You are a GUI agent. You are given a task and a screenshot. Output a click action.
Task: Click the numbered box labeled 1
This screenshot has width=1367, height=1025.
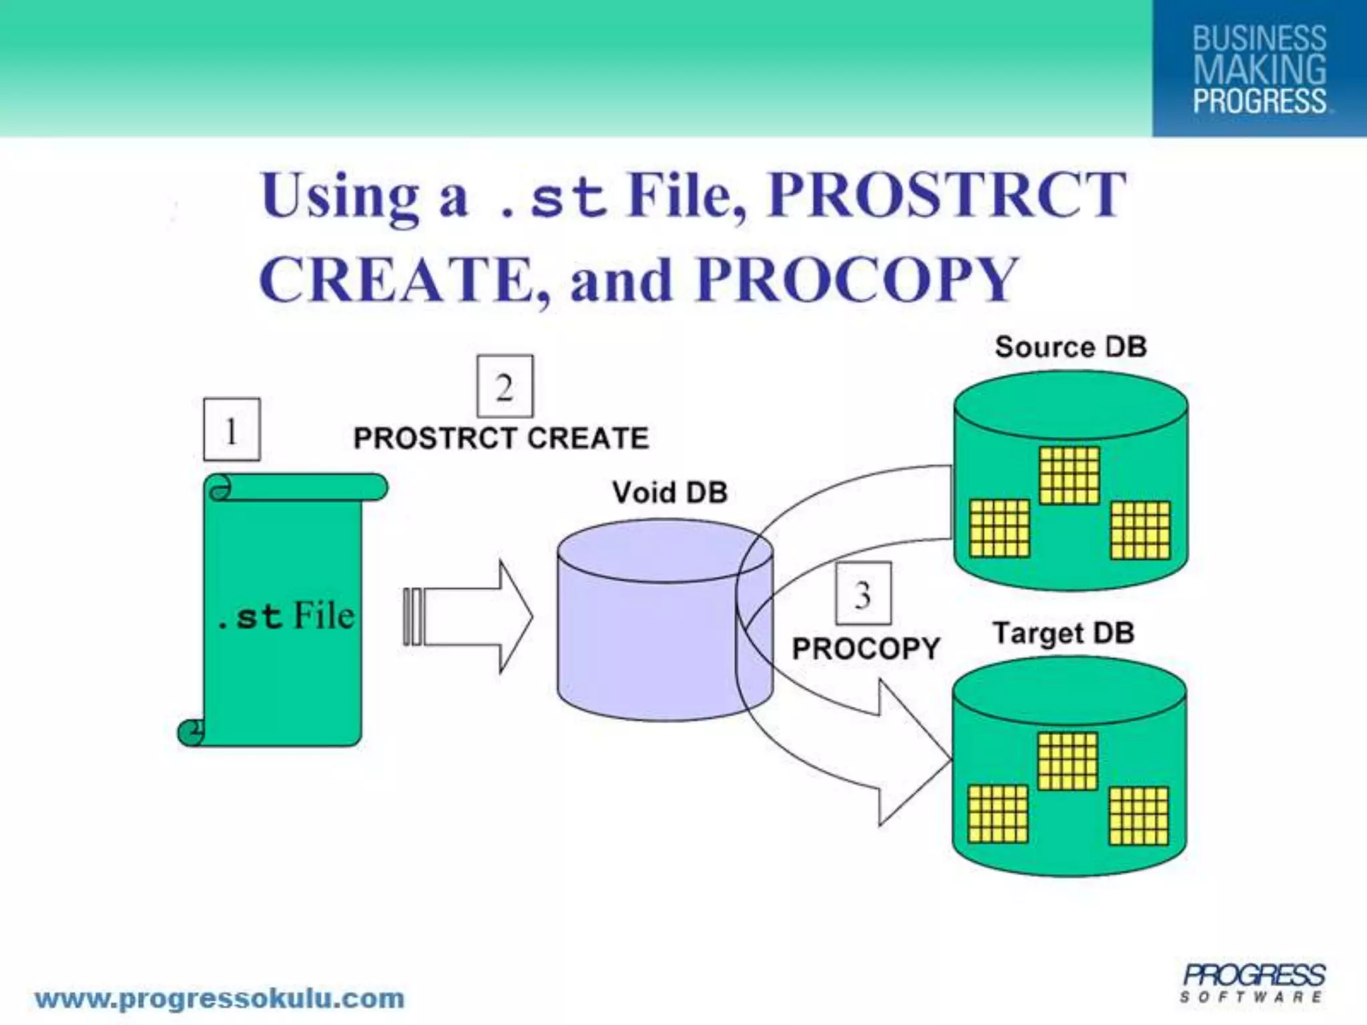[232, 430]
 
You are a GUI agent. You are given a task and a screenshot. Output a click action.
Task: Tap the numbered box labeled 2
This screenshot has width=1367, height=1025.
[505, 386]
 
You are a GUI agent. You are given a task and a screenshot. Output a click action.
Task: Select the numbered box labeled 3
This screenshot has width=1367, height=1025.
[863, 593]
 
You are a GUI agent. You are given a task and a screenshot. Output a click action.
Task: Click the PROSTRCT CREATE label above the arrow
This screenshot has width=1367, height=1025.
[501, 438]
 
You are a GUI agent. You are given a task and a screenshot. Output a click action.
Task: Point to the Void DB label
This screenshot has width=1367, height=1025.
[669, 492]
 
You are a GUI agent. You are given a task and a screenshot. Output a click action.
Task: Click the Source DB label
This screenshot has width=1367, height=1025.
[1071, 347]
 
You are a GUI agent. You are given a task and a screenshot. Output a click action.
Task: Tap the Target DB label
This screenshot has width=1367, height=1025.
[1064, 633]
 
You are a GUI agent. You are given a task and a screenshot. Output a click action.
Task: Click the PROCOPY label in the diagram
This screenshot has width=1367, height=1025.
[866, 649]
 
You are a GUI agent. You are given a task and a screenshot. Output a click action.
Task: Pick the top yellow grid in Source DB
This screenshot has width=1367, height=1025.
[1069, 475]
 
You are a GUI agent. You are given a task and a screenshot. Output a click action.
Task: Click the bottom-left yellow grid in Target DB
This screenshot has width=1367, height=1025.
[998, 814]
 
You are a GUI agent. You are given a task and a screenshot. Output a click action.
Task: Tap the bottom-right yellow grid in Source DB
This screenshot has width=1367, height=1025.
[1140, 530]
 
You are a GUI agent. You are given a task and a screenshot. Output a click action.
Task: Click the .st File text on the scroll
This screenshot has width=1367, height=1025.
[286, 615]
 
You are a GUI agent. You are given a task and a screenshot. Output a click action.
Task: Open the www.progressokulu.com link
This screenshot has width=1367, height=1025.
[220, 999]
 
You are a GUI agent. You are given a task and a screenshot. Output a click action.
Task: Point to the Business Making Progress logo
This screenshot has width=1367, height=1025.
[1259, 69]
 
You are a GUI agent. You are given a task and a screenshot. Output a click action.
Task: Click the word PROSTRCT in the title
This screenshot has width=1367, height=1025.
[946, 194]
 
